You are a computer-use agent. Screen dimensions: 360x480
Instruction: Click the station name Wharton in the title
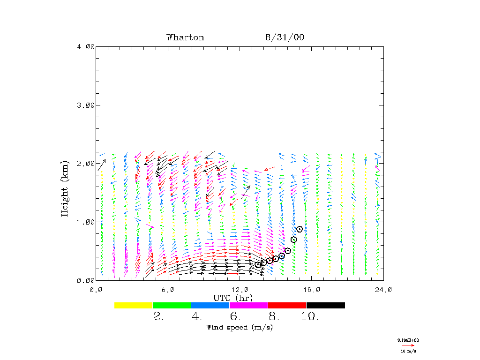coord(185,37)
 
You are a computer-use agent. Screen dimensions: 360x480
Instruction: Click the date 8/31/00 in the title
coord(285,37)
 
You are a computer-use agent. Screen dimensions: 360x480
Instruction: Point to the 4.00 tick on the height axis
coord(86,46)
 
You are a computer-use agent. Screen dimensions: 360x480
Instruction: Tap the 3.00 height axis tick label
coord(86,105)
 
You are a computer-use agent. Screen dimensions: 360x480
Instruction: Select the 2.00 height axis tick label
coord(86,163)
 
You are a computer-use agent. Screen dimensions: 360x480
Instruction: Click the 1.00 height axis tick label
coord(86,222)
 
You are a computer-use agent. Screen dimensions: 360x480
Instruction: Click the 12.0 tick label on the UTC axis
coord(240,290)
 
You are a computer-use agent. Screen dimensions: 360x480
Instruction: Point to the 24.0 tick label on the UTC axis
coord(383,290)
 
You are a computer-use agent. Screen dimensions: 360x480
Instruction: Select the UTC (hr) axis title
coord(233,298)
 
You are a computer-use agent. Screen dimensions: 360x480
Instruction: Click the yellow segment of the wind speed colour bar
coord(133,305)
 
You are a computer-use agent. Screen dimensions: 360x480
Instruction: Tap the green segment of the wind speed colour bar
coord(172,305)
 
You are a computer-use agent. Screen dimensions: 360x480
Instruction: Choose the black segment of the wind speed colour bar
coord(325,305)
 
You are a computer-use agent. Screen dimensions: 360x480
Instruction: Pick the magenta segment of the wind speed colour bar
coord(248,305)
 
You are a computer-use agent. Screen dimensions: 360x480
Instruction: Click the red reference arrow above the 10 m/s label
coord(408,345)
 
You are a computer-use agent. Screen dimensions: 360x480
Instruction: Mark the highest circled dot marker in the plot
coord(300,229)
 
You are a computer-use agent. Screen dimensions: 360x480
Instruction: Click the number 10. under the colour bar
coord(310,317)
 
